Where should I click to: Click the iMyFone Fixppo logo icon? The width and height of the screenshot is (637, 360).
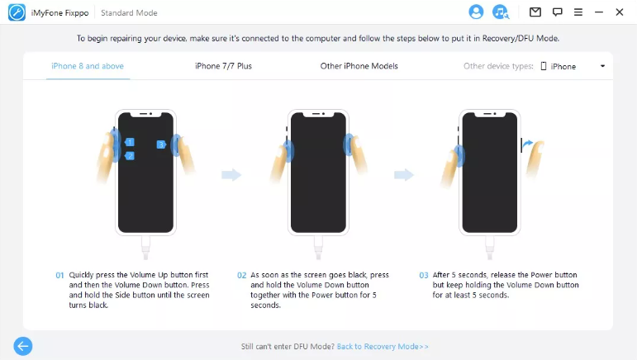coord(17,12)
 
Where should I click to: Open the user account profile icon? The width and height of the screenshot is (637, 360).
coord(476,12)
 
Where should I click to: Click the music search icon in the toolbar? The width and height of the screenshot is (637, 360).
coord(501,12)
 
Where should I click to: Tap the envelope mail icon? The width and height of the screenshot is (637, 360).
coord(535,12)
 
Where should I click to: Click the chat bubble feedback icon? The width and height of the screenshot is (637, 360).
coord(558,12)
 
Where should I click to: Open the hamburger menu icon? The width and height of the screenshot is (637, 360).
coord(578,12)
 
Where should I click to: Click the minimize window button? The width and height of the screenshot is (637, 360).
coord(599,12)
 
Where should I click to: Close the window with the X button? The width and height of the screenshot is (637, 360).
coord(620,12)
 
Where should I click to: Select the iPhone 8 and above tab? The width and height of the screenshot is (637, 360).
coord(88,66)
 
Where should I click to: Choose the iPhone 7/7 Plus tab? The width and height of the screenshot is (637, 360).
coord(223,66)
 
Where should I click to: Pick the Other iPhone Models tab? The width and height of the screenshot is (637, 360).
coord(359,66)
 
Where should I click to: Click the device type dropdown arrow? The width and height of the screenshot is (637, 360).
coord(602,66)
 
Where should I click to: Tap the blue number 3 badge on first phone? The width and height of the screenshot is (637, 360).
coord(161,144)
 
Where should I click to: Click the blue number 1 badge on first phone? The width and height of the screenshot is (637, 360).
coord(130,142)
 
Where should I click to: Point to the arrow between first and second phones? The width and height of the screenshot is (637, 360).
coord(231,175)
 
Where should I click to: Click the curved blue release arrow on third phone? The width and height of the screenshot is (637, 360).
coord(528,144)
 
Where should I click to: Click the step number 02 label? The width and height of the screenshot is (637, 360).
coord(242,275)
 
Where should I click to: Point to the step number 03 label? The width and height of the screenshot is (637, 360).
coord(424,275)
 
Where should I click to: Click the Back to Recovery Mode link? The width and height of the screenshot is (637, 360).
coord(383,347)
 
